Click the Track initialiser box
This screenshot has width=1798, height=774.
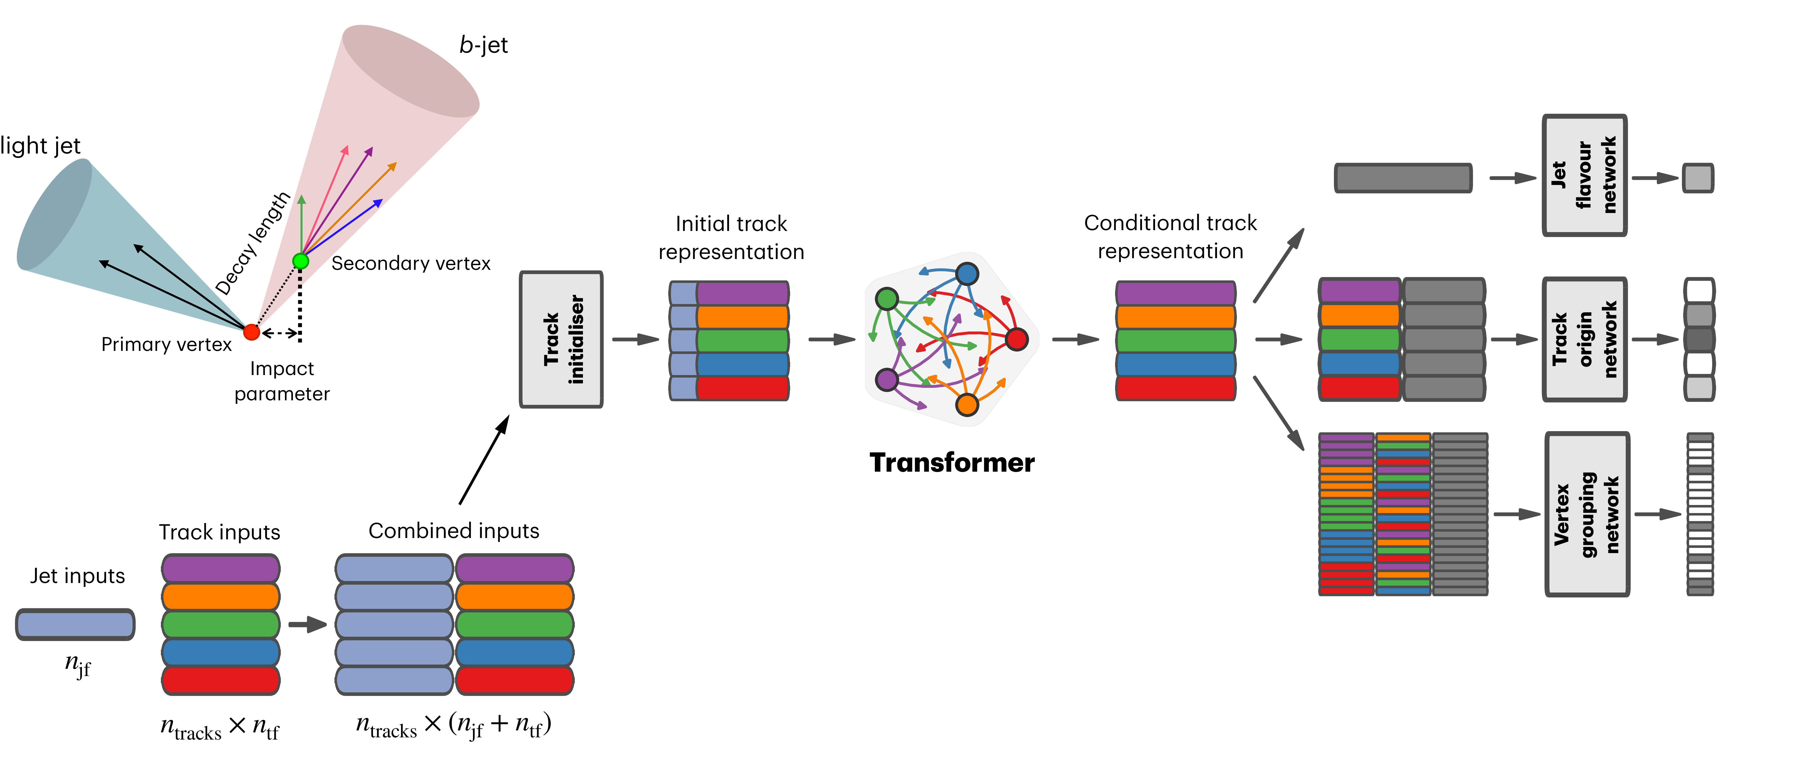pyautogui.click(x=561, y=339)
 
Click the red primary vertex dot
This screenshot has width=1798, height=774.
pyautogui.click(x=251, y=332)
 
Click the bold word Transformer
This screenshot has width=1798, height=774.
pyautogui.click(x=952, y=463)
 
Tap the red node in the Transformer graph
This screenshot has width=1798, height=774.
pyautogui.click(x=1017, y=339)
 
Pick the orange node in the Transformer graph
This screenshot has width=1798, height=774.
pyautogui.click(x=967, y=404)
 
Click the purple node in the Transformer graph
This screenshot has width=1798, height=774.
pyautogui.click(x=887, y=380)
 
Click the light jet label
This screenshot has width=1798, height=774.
pyautogui.click(x=41, y=146)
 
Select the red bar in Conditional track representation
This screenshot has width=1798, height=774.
pyautogui.click(x=1175, y=388)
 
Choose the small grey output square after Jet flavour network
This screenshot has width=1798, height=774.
pyautogui.click(x=1697, y=178)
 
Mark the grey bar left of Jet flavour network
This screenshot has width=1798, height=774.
pyautogui.click(x=1403, y=178)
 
